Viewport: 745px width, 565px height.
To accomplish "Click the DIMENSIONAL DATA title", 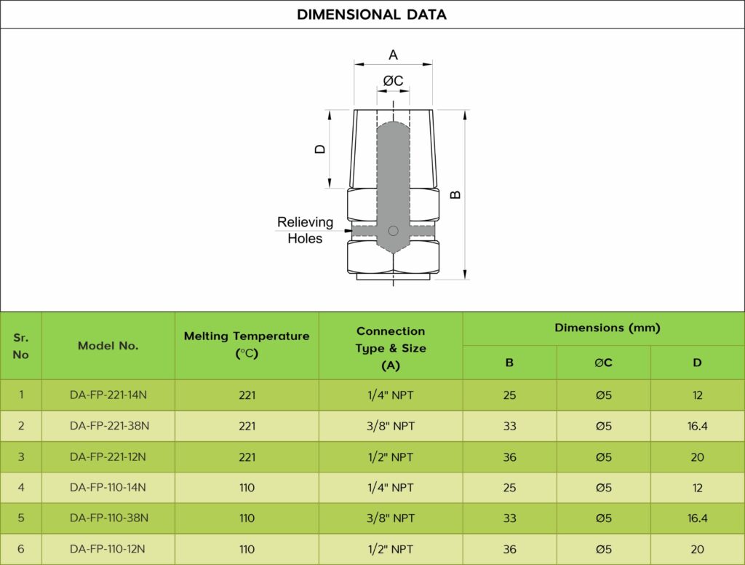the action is pos(372,15).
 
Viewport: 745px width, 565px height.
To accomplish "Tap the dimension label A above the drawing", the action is pos(393,55).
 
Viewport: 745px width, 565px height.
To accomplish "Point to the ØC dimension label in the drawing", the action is pos(394,81).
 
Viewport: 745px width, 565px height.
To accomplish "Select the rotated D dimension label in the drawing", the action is pos(320,149).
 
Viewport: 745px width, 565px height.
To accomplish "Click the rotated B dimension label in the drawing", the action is pos(455,194).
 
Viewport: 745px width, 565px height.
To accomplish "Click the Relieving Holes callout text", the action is pos(305,230).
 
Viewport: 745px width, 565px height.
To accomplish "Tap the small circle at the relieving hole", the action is pos(393,231).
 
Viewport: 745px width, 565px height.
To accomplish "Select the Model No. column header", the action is pos(108,346).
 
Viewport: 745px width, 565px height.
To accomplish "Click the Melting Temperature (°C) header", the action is pos(247,345).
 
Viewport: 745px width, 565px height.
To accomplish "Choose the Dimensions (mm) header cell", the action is pos(607,328).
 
